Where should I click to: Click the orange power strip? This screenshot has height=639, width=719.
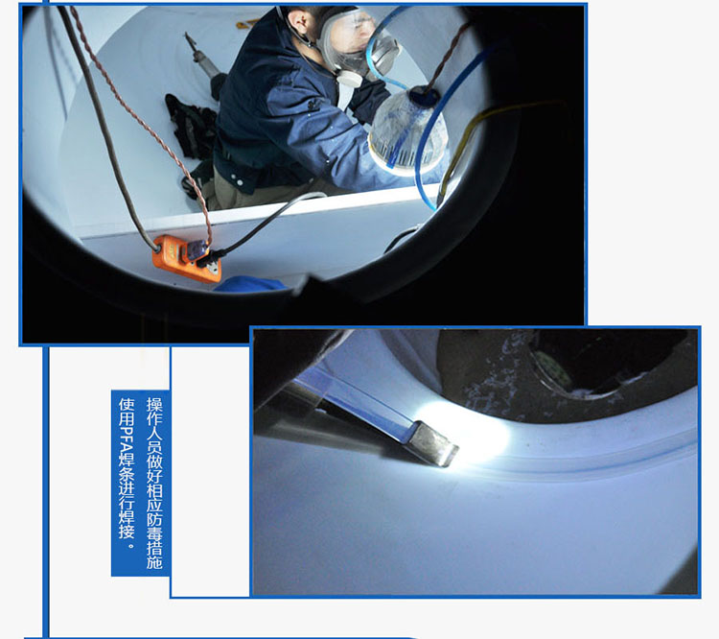click(x=187, y=258)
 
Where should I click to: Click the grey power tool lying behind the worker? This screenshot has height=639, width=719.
click(x=205, y=64)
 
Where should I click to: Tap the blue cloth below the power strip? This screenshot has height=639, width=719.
click(x=250, y=285)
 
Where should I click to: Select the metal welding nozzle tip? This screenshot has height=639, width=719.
click(x=433, y=442)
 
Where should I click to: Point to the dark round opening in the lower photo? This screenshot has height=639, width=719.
click(x=610, y=363)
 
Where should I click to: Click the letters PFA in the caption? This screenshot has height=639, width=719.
click(x=127, y=441)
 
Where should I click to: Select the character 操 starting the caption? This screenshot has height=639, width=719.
click(x=154, y=404)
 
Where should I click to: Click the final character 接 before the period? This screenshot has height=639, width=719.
click(x=127, y=531)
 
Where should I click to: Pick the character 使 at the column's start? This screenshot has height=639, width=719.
click(x=127, y=405)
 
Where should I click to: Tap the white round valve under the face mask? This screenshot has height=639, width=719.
click(x=350, y=77)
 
